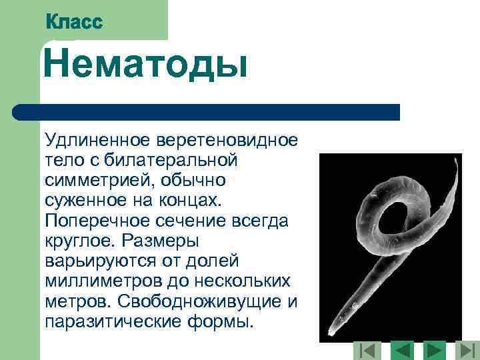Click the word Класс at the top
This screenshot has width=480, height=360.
click(74, 21)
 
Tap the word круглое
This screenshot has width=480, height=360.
click(80, 241)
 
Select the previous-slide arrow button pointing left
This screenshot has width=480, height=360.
click(402, 350)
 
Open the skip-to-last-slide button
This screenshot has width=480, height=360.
click(467, 350)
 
